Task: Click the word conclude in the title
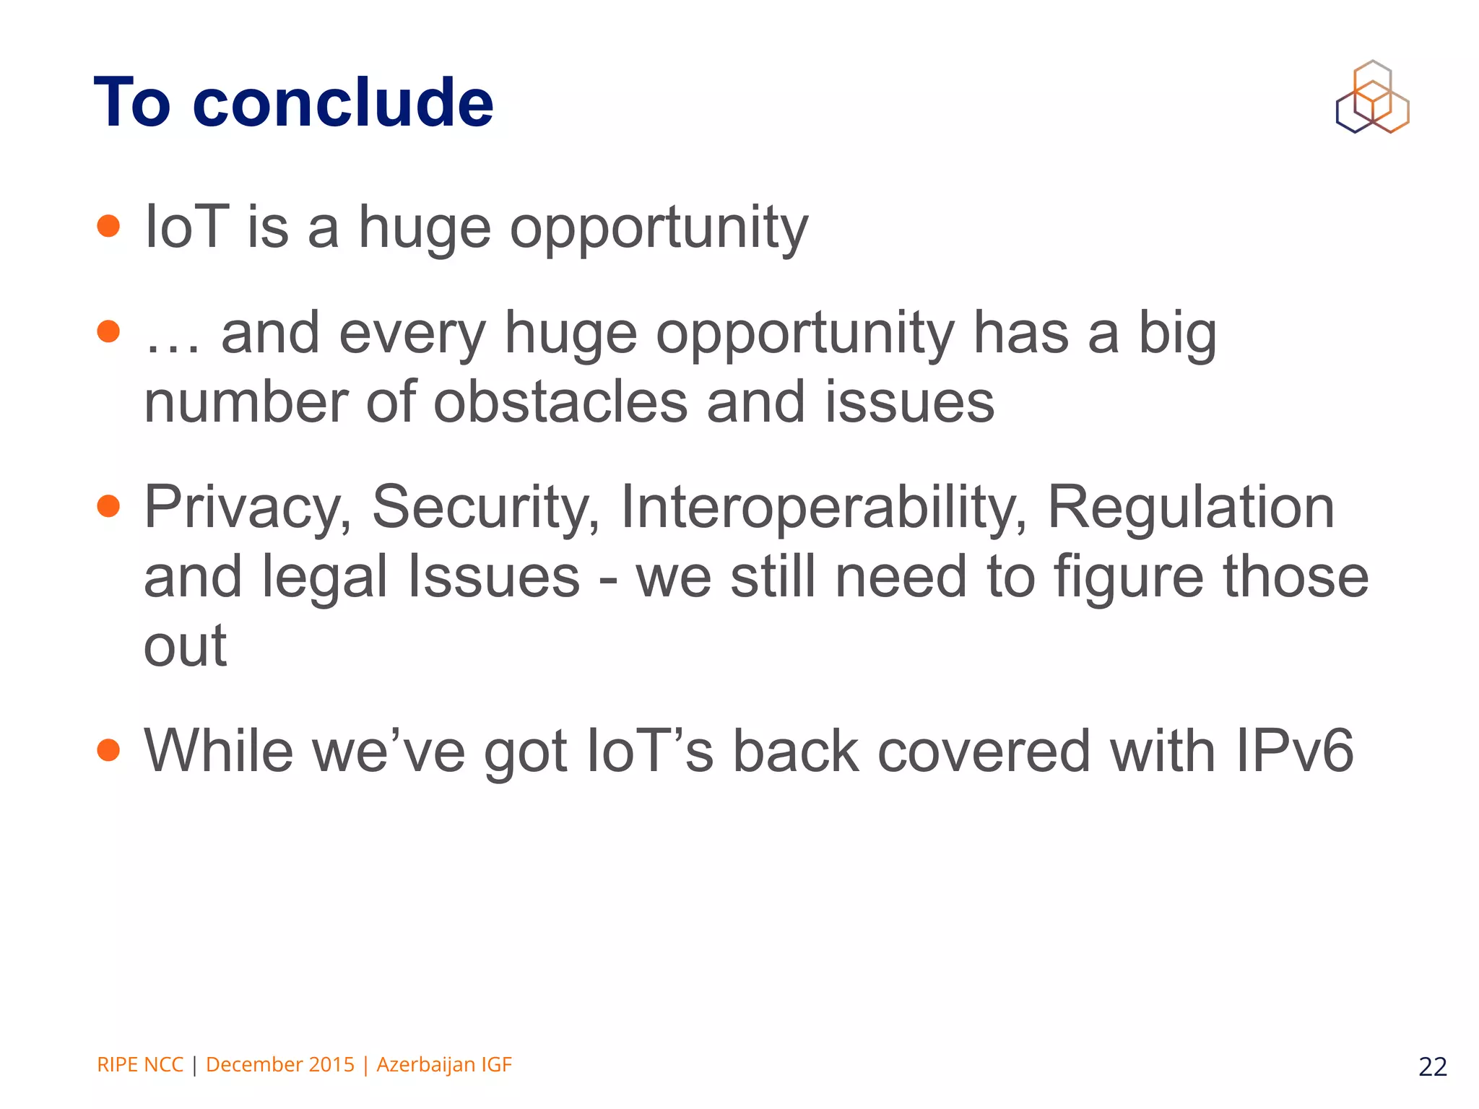pyautogui.click(x=343, y=103)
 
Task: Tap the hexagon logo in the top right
pyautogui.click(x=1372, y=97)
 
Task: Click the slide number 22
pyautogui.click(x=1432, y=1066)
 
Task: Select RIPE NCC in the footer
pyautogui.click(x=140, y=1065)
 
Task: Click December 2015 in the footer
pyautogui.click(x=280, y=1065)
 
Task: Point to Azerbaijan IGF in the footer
pyautogui.click(x=444, y=1065)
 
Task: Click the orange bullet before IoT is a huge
pyautogui.click(x=108, y=226)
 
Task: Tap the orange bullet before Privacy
pyautogui.click(x=108, y=506)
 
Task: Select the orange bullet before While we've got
pyautogui.click(x=108, y=750)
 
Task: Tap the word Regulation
pyautogui.click(x=1191, y=508)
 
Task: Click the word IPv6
pyautogui.click(x=1295, y=751)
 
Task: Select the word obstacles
pyautogui.click(x=560, y=402)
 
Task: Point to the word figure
pyautogui.click(x=1129, y=578)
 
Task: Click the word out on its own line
pyautogui.click(x=186, y=646)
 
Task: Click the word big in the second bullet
pyautogui.click(x=1178, y=334)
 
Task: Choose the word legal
pyautogui.click(x=325, y=578)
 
